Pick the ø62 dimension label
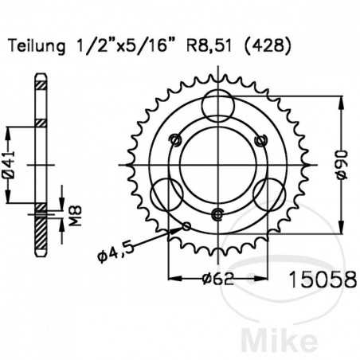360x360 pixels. click(215, 280)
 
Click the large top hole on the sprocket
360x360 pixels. click(217, 106)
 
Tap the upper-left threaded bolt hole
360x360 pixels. click(177, 139)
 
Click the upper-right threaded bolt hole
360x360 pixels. click(256, 139)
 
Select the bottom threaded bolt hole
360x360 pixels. click(217, 214)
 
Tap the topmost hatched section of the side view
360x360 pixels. click(39, 84)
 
